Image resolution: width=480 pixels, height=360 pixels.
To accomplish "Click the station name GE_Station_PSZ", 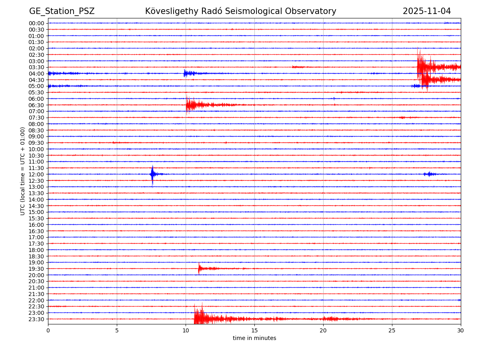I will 62,11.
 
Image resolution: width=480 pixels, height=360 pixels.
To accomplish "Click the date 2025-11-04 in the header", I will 426,11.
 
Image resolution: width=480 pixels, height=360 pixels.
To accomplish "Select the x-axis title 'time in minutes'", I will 254,338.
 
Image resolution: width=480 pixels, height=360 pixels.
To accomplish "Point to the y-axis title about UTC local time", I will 23,171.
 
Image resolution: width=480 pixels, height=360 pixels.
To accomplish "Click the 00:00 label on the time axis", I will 36,23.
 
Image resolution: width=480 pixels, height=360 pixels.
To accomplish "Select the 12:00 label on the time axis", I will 36,174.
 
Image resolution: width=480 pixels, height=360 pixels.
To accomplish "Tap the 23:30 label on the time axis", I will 36,319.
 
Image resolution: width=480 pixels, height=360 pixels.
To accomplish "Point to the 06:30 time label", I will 36,105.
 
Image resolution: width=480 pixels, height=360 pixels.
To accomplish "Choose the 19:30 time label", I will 36,269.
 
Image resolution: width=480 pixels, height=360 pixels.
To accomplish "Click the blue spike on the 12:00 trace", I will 152,174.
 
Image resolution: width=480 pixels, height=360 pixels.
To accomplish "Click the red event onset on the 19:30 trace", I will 199,268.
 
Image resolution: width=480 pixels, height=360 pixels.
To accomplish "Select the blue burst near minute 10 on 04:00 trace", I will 185,73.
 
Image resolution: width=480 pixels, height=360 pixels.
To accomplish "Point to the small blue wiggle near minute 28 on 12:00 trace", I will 430,174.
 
